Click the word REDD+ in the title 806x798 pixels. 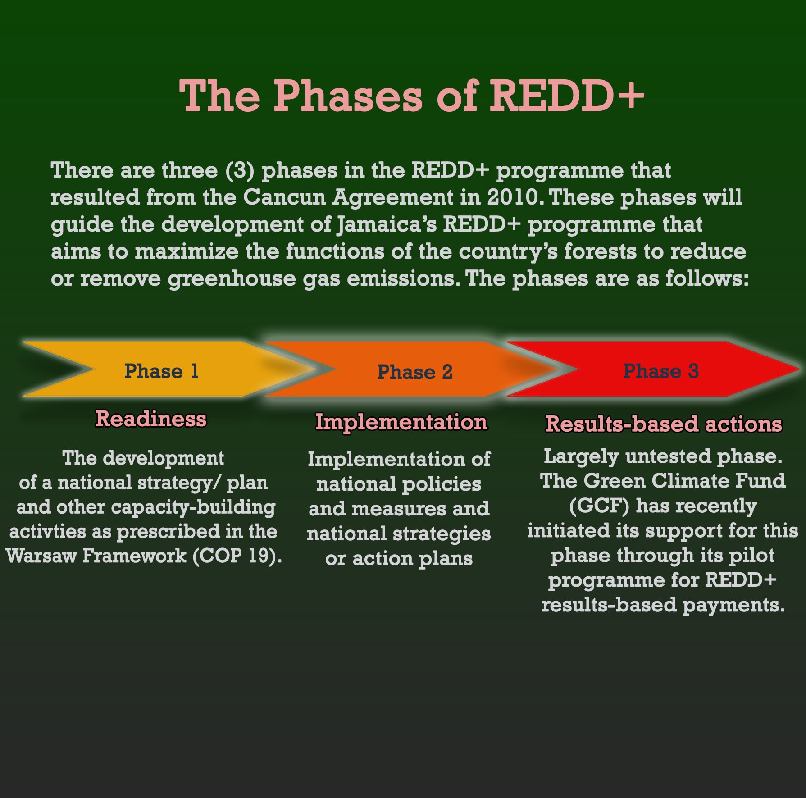567,96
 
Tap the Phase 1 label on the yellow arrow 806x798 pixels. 161,371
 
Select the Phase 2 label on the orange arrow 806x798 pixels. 414,372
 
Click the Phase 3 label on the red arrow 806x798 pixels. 660,371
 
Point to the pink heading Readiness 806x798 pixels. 151,419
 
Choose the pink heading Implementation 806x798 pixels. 401,422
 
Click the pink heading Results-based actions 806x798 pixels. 664,424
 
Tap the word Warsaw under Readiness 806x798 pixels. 41,556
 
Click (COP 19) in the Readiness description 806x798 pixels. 237,556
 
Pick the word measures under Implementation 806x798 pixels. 399,509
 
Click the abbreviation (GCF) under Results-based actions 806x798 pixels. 599,506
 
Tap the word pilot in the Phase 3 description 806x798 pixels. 752,555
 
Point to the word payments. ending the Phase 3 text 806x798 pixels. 733,605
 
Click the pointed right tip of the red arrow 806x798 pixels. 800,369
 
